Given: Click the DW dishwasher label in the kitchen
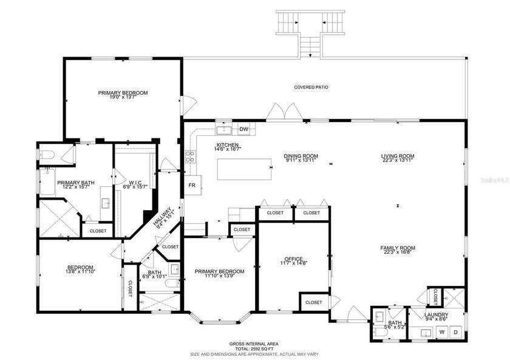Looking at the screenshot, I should (244, 129).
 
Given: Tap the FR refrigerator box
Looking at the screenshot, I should (192, 185).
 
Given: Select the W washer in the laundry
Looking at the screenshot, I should (442, 331).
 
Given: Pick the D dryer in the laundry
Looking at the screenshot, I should (455, 331).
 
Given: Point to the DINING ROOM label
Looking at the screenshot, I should (301, 156).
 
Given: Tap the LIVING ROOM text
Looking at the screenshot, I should (398, 156).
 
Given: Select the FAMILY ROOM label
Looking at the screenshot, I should (398, 248).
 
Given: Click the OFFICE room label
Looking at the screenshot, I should (293, 259).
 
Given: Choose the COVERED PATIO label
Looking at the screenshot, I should (311, 87).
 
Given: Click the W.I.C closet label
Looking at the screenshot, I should (135, 182).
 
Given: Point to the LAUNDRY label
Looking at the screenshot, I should (437, 314).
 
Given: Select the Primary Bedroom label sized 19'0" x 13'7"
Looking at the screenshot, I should (123, 93).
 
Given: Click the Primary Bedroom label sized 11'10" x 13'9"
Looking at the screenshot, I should (220, 271).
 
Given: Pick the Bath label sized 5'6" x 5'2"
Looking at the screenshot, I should (395, 323).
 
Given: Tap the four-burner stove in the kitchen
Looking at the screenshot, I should (190, 157).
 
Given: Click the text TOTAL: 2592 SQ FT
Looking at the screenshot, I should (254, 348).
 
